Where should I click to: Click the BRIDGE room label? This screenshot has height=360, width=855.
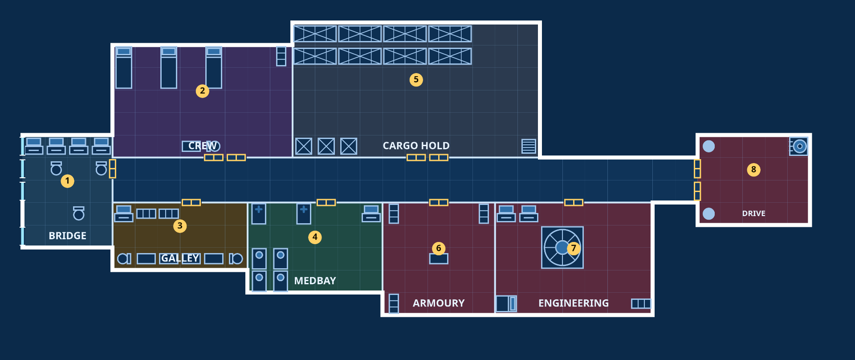[x=68, y=236]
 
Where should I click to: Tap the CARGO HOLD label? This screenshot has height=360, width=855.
[x=416, y=146]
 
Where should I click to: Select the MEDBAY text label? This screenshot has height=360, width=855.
[x=315, y=281]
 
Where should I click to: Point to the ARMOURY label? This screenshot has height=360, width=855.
[x=439, y=303]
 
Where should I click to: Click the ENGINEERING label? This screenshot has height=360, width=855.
[x=574, y=303]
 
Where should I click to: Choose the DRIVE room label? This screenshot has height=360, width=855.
[x=753, y=213]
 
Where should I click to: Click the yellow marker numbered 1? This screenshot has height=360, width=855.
[x=68, y=181]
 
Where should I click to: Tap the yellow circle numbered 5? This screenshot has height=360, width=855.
[x=416, y=80]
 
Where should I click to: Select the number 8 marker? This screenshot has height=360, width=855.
[x=753, y=170]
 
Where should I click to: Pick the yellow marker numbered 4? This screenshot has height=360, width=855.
[x=315, y=237]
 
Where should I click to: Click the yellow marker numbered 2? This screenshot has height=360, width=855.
[x=202, y=91]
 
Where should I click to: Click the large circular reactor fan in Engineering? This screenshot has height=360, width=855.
[x=562, y=248]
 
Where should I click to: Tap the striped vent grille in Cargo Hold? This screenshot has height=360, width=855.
[x=529, y=146]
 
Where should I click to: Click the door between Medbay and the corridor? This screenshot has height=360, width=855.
[x=326, y=203]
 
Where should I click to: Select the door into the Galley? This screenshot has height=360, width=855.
[x=191, y=203]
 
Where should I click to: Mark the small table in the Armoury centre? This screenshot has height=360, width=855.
[x=439, y=259]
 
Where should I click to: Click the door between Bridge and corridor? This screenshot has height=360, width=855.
[x=113, y=169]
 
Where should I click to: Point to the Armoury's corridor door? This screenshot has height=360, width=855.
[x=439, y=203]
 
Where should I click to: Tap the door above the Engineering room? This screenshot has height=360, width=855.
[x=574, y=203]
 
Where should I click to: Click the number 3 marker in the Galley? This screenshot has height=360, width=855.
[x=180, y=226]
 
